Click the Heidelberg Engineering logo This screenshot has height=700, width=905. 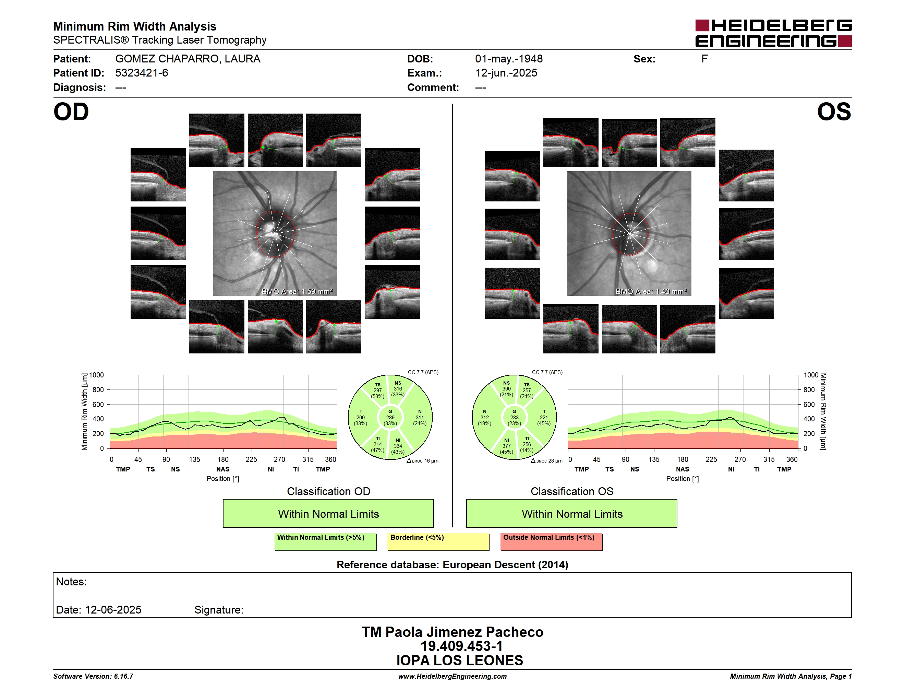click(x=773, y=33)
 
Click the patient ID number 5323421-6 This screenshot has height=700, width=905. click(x=142, y=73)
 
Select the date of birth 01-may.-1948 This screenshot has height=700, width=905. click(x=509, y=59)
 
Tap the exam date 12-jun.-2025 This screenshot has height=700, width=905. click(x=506, y=73)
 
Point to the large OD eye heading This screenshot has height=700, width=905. click(x=71, y=112)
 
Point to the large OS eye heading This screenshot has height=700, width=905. click(x=834, y=112)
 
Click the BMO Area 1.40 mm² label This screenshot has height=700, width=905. click(x=651, y=292)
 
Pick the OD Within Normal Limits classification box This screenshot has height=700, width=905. click(x=328, y=513)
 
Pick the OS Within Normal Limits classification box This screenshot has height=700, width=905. click(x=572, y=513)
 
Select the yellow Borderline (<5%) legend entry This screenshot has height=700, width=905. click(x=438, y=541)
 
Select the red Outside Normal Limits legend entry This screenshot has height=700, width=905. click(x=552, y=541)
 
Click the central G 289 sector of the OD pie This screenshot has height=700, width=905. click(x=390, y=418)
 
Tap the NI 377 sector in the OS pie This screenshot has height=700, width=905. click(x=506, y=446)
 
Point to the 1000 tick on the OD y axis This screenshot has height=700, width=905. click(x=97, y=375)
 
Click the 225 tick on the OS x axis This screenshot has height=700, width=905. click(x=711, y=459)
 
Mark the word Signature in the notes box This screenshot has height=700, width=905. click(x=218, y=610)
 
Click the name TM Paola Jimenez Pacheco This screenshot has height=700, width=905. click(x=452, y=632)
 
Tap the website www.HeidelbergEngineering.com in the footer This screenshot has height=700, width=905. click(x=452, y=676)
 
